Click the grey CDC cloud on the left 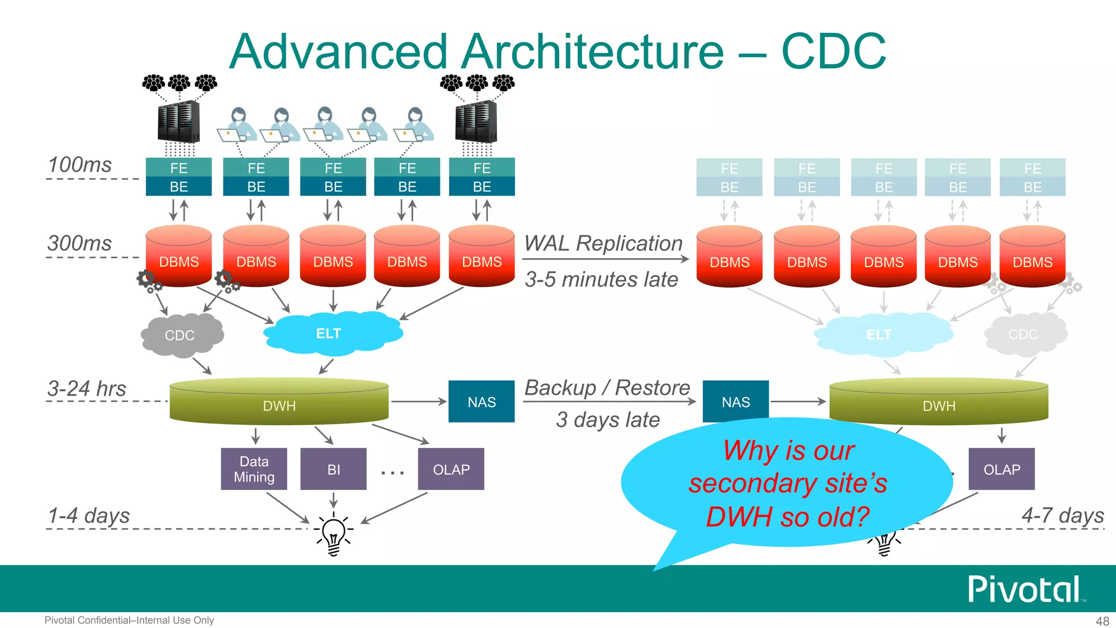181,335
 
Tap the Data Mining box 254,469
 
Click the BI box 333,469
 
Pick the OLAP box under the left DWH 451,469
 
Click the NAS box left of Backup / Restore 481,402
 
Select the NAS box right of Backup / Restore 736,402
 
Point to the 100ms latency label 80,165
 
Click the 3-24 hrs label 87,388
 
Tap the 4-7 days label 1063,515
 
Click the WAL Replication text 603,243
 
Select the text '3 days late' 608,420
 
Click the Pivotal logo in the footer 1024,589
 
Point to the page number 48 1102,621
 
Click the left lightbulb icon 333,533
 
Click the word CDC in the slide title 833,51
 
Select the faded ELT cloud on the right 880,334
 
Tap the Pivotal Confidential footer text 129,620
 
